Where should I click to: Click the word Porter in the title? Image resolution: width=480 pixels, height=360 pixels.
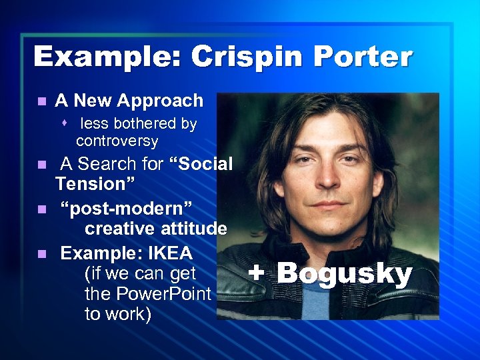(x=359, y=57)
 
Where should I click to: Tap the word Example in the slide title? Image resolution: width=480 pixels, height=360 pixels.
(x=107, y=57)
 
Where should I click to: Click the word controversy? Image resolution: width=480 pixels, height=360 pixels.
(x=117, y=141)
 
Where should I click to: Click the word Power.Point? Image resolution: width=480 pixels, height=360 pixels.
(x=163, y=293)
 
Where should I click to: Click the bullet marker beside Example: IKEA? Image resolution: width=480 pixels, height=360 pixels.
(x=41, y=254)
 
